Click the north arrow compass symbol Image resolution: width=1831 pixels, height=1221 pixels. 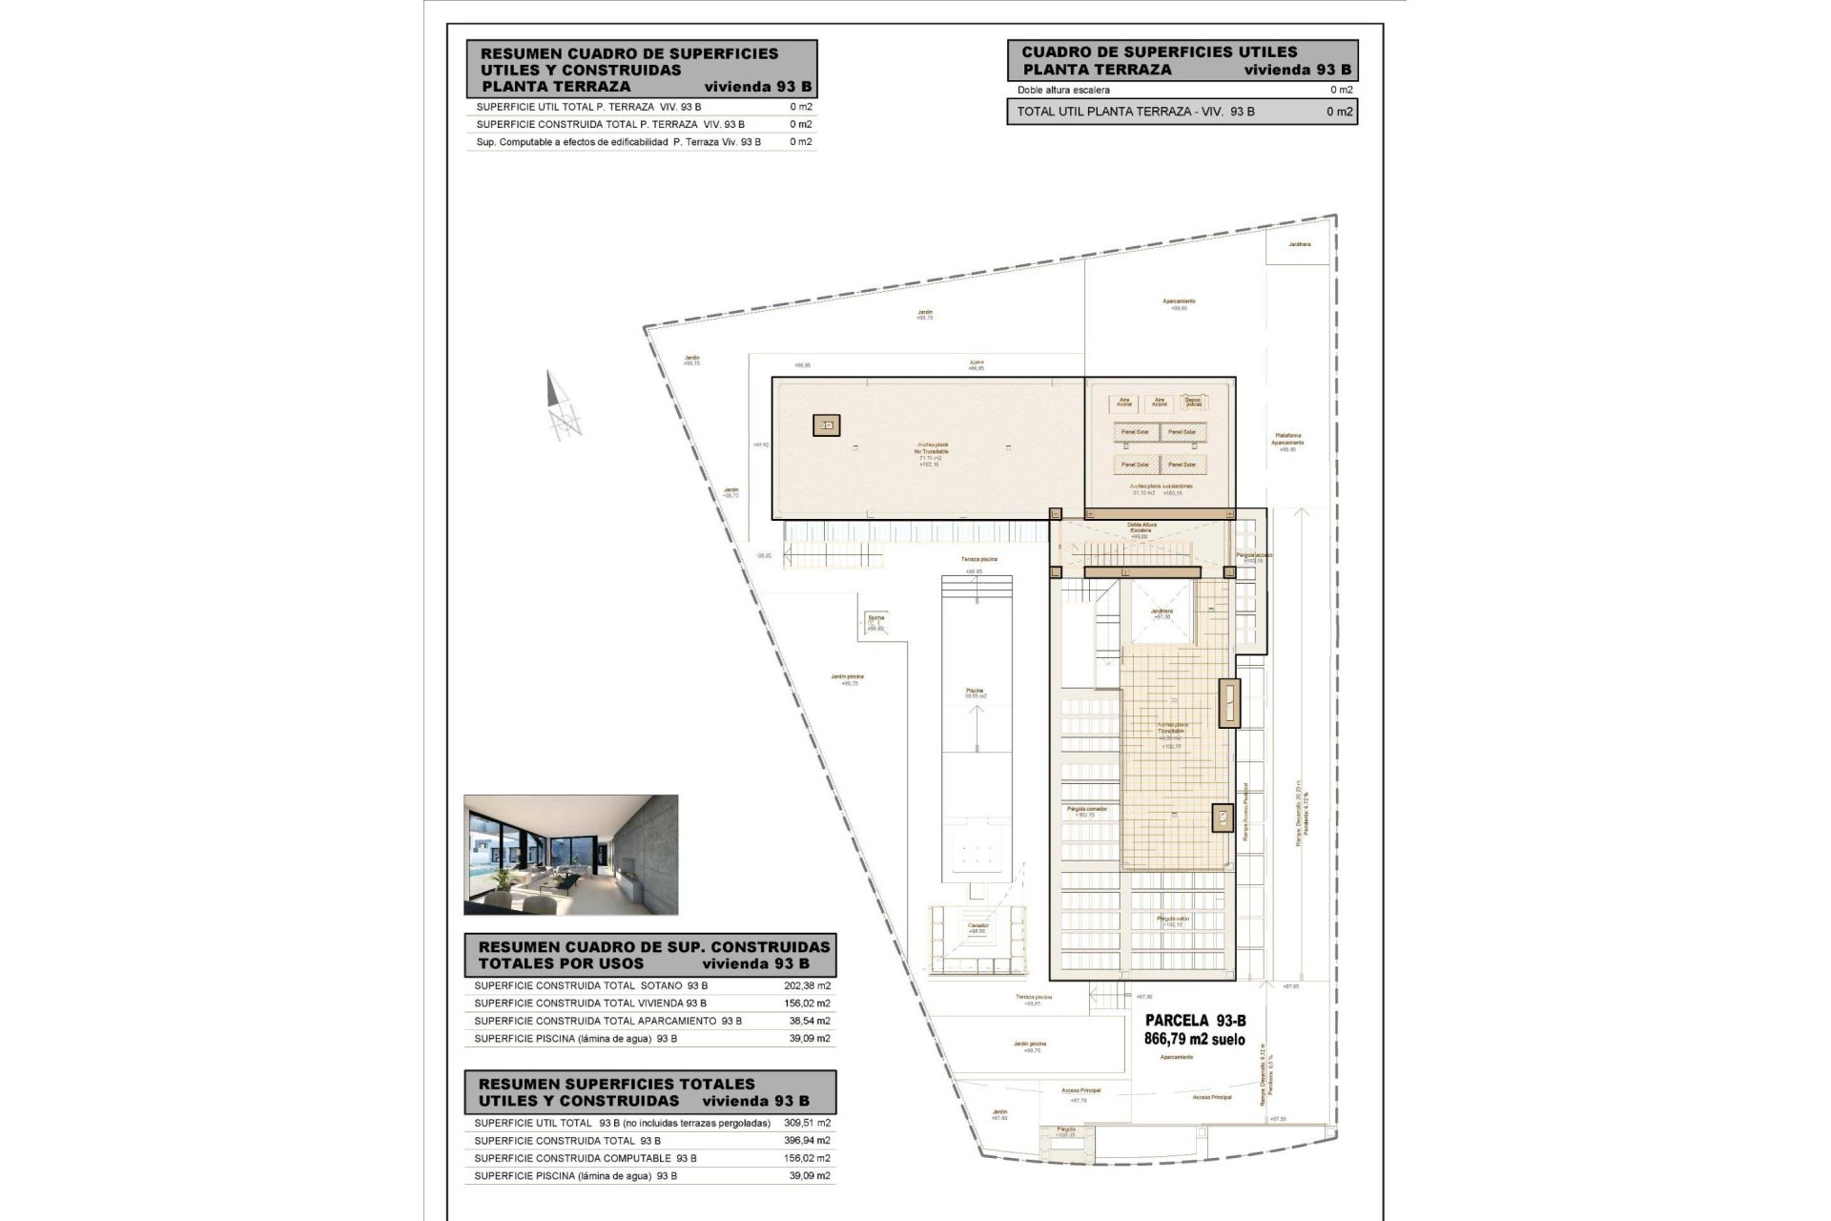click(x=562, y=404)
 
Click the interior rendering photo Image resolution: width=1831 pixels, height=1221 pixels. click(x=570, y=855)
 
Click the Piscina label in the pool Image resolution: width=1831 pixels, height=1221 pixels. click(x=975, y=691)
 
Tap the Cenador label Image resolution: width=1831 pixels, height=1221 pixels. click(x=978, y=925)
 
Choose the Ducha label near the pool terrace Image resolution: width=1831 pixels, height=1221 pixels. click(x=875, y=618)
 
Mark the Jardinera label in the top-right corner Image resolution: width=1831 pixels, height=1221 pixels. click(x=1299, y=244)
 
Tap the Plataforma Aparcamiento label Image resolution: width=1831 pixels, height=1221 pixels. click(x=1287, y=439)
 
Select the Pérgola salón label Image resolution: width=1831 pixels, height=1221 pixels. click(x=1173, y=920)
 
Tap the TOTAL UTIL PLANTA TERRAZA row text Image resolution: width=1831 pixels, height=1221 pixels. click(x=1135, y=112)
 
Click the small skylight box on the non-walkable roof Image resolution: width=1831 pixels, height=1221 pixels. click(x=826, y=425)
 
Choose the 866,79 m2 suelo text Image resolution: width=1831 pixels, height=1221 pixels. click(x=1194, y=1040)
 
